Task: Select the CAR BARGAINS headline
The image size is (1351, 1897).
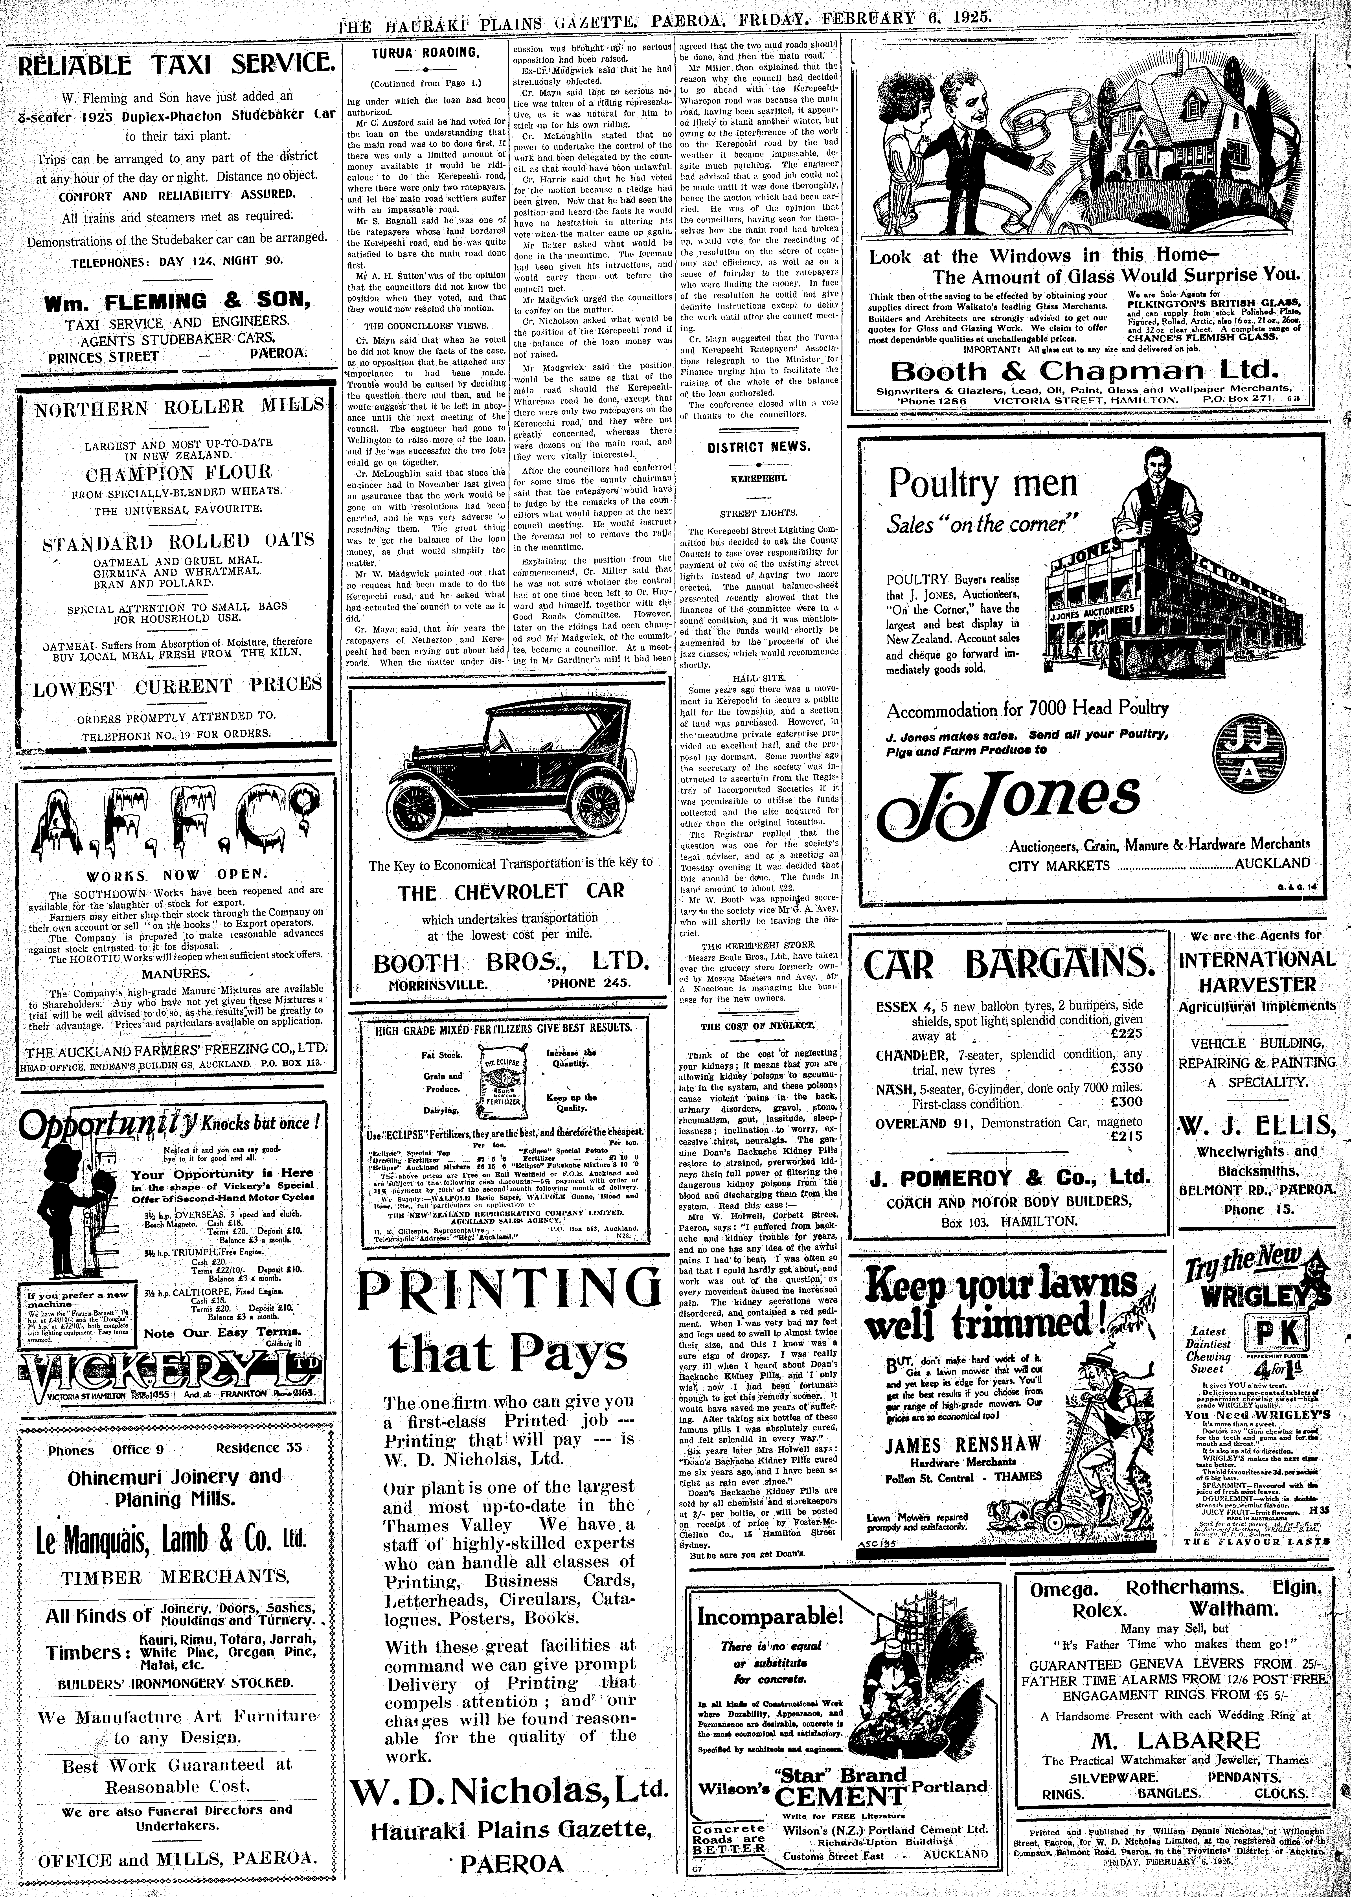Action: tap(1009, 965)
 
